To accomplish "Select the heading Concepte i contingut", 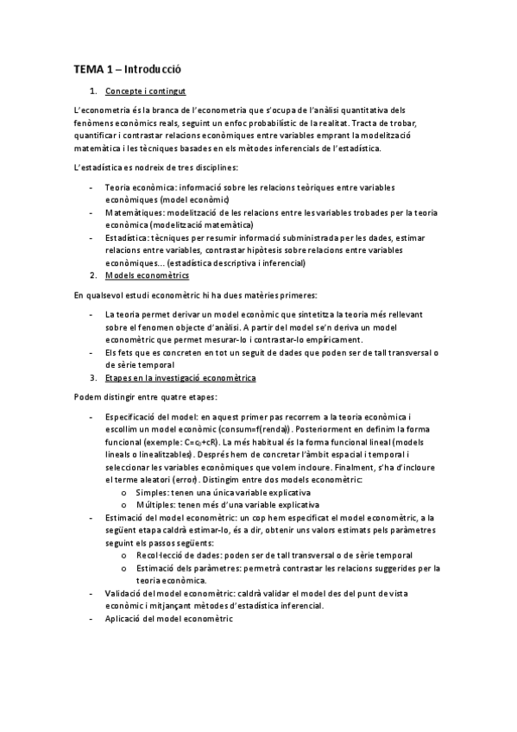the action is (144, 91).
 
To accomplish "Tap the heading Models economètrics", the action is (146, 274).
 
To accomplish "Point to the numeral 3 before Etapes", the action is (93, 377).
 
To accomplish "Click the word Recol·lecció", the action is (161, 554).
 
